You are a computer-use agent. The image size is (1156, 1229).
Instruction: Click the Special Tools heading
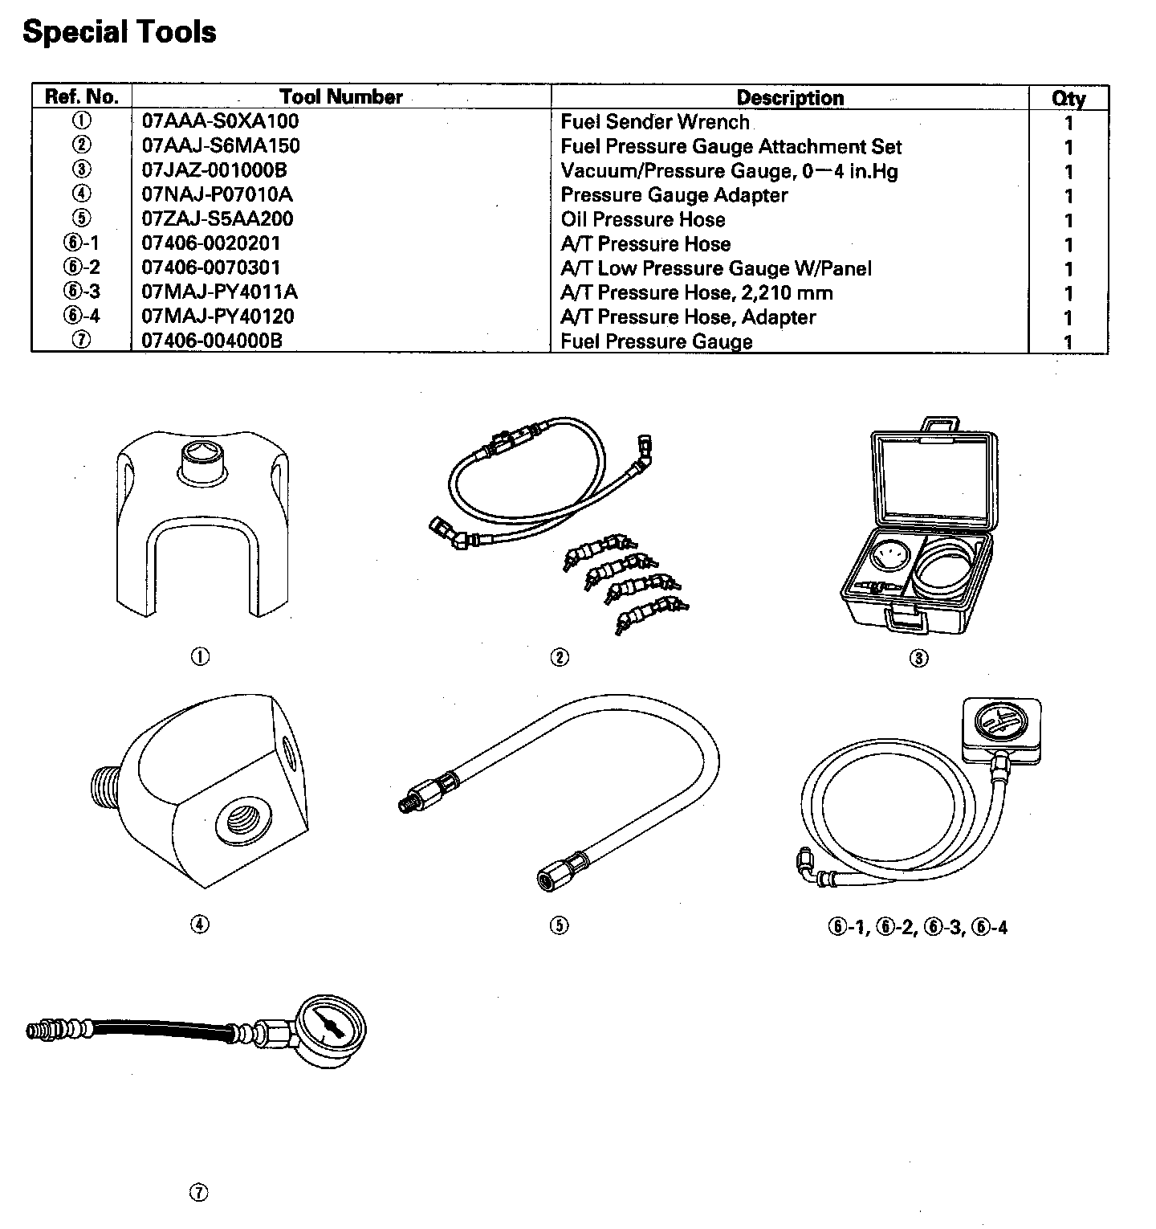pos(120,32)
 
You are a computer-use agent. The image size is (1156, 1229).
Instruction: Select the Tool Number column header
pos(341,97)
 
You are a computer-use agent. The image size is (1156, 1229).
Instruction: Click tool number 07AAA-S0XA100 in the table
pos(221,121)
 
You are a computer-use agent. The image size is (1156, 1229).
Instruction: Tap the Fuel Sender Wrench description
pos(655,122)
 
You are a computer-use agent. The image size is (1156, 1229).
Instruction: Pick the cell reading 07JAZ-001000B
pos(214,170)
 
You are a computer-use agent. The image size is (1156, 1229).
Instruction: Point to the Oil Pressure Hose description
pos(643,219)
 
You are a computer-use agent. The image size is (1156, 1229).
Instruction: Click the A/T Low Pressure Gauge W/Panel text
pos(716,268)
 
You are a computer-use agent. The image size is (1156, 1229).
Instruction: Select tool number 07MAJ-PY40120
pos(218,316)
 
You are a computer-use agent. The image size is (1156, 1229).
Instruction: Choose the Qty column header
pos(1068,99)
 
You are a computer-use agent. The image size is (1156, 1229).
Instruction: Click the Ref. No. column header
pos(82,97)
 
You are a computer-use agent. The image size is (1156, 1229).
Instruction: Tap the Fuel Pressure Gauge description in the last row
pos(657,341)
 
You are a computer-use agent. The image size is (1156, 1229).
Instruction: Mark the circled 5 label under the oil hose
pos(560,925)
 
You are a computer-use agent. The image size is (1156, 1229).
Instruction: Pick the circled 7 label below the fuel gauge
pos(199,1193)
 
